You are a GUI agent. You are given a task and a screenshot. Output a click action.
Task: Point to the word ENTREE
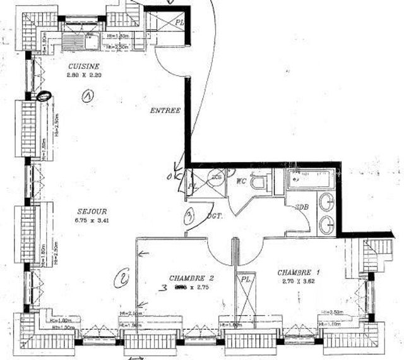[x=165, y=111]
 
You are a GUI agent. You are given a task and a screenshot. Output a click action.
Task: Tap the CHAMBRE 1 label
[x=299, y=272]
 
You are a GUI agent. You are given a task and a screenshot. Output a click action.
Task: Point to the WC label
[x=241, y=181]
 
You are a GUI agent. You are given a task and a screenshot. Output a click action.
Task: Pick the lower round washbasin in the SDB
[x=326, y=223]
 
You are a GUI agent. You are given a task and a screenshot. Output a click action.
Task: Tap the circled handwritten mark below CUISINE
[x=87, y=95]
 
